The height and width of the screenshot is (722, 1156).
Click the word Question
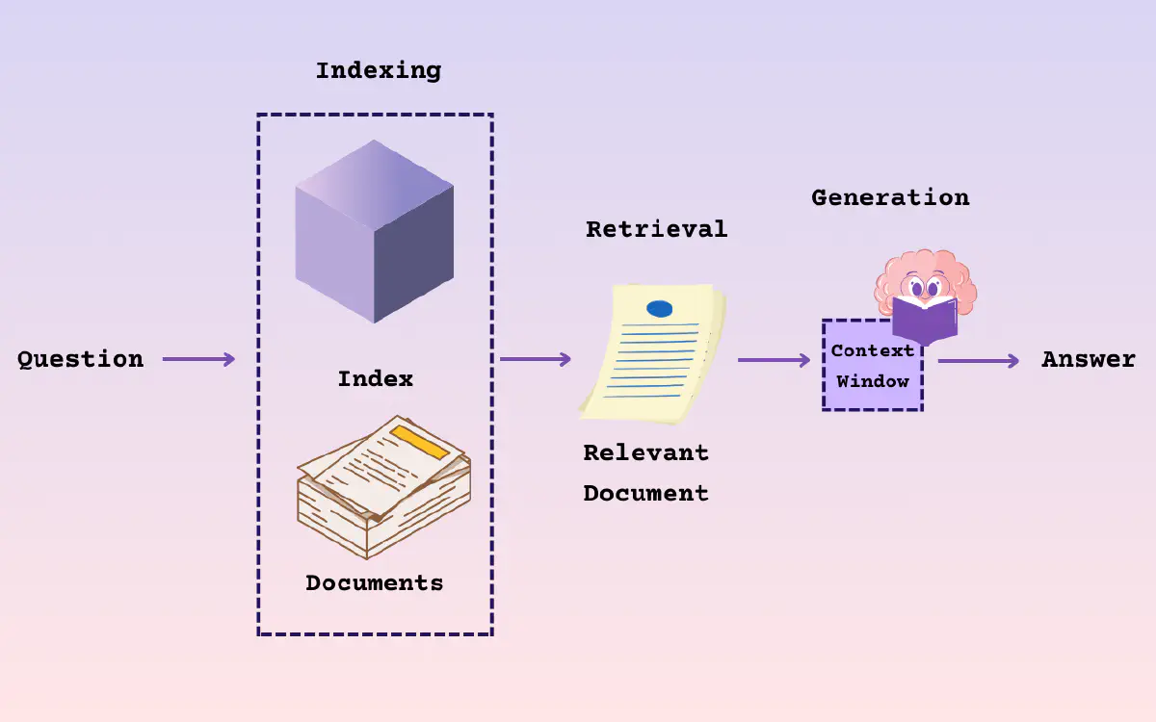tap(80, 359)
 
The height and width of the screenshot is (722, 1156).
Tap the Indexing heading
tap(378, 70)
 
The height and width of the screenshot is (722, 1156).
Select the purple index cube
tap(374, 231)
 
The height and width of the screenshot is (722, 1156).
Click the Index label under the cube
tap(375, 378)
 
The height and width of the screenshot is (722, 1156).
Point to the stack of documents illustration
tap(382, 491)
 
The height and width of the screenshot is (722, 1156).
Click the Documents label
tap(374, 582)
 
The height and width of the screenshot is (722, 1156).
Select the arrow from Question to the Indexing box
tap(198, 359)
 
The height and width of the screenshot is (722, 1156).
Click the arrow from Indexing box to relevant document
tap(535, 359)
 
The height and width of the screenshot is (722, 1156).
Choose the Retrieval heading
tap(656, 229)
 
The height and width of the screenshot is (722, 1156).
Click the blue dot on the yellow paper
tap(660, 308)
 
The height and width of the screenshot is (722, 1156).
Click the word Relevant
tap(645, 452)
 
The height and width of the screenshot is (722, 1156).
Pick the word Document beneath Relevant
tap(645, 493)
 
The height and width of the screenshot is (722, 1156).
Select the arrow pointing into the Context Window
tap(774, 360)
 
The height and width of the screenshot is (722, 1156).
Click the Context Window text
tap(872, 367)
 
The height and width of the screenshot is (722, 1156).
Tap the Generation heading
tap(890, 197)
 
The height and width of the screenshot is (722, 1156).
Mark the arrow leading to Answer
tap(978, 361)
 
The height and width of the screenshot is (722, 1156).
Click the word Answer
tap(1089, 359)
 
